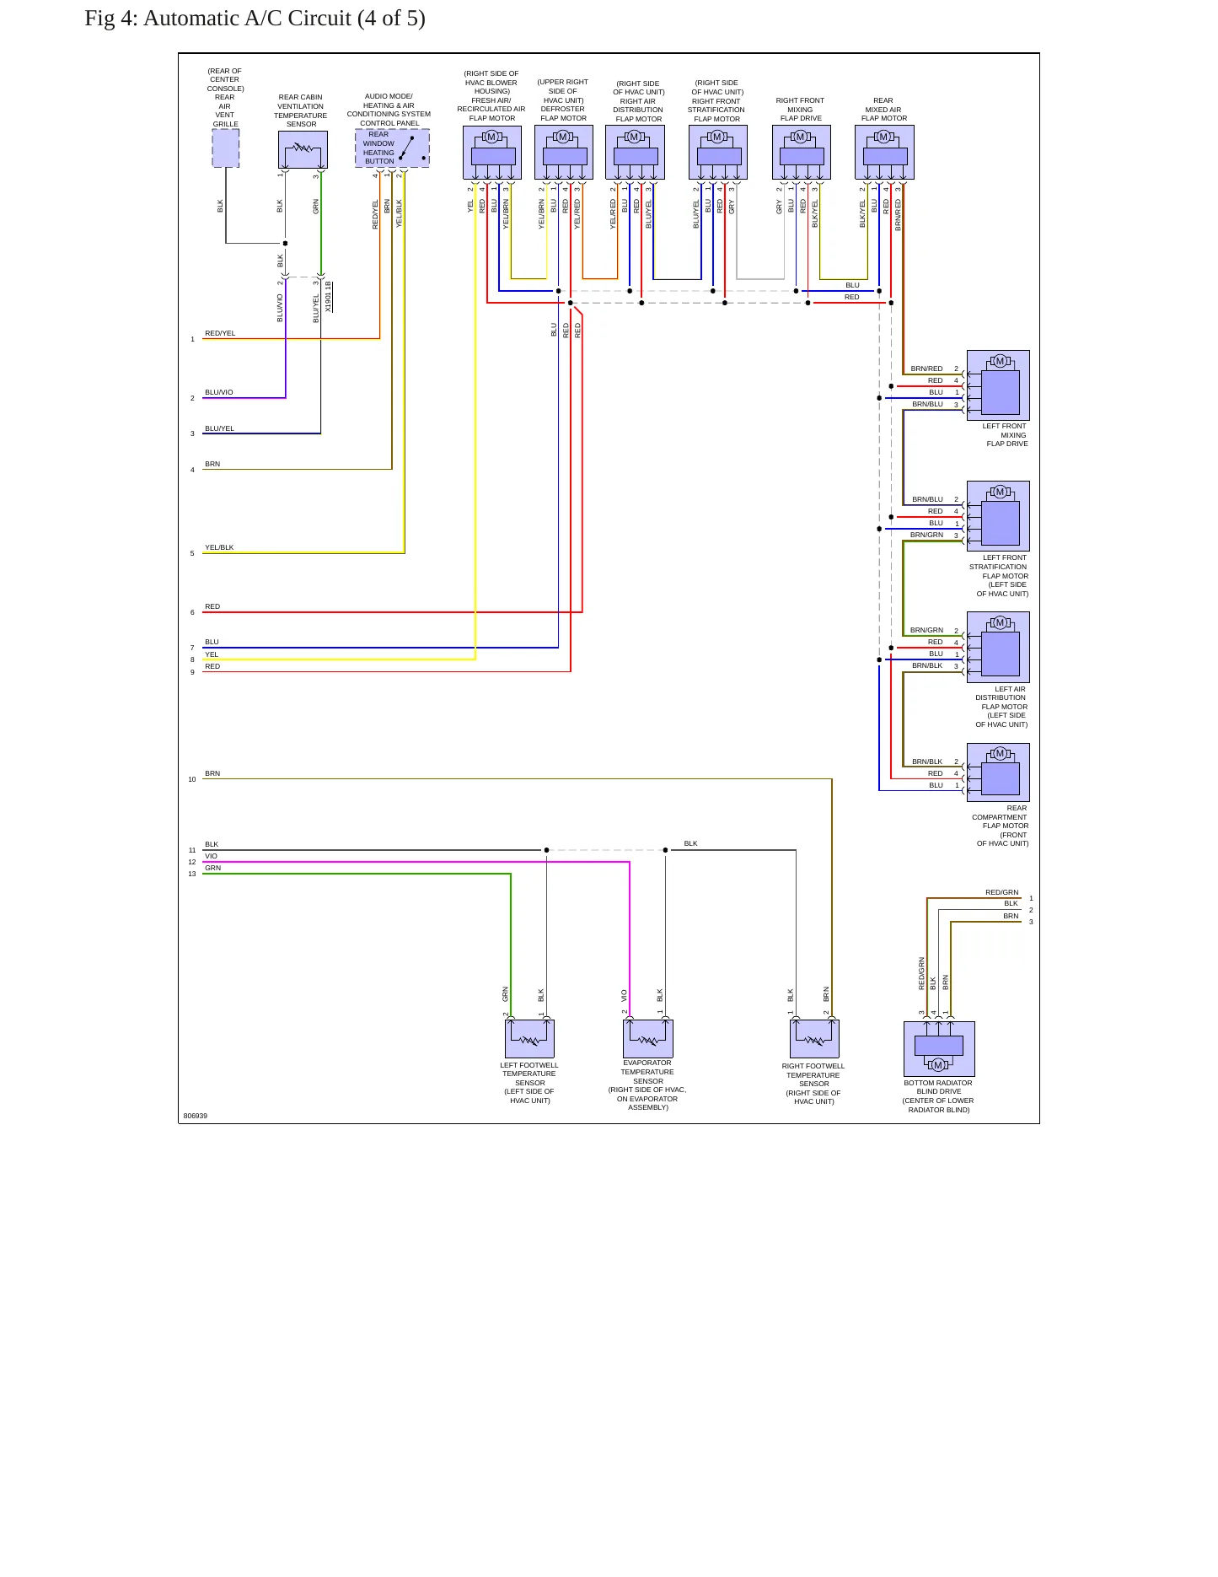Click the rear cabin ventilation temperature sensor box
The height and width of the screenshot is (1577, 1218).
[303, 150]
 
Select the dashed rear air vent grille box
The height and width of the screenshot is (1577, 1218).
[225, 148]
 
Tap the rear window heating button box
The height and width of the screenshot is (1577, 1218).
[392, 148]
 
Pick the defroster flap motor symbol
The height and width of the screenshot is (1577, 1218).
[564, 153]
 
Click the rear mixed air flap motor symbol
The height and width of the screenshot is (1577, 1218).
[884, 153]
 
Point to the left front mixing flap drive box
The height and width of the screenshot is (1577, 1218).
[998, 385]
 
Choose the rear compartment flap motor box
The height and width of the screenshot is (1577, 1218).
[998, 772]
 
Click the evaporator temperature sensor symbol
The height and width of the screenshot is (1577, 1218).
[648, 1038]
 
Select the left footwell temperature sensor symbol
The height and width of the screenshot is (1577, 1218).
[529, 1038]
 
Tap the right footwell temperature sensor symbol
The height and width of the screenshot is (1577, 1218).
[814, 1038]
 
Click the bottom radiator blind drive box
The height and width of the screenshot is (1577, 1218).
[939, 1049]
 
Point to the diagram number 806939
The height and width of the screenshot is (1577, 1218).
[196, 1116]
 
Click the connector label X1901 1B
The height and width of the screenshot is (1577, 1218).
[329, 297]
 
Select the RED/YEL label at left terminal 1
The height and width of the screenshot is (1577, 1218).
[220, 333]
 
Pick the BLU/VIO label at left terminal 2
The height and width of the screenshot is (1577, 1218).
[219, 392]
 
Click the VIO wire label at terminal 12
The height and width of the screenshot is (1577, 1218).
[211, 856]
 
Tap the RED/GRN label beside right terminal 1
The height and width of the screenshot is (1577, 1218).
[1002, 892]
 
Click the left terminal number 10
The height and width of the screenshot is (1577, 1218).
[192, 779]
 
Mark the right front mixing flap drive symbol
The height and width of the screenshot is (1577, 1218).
[802, 153]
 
